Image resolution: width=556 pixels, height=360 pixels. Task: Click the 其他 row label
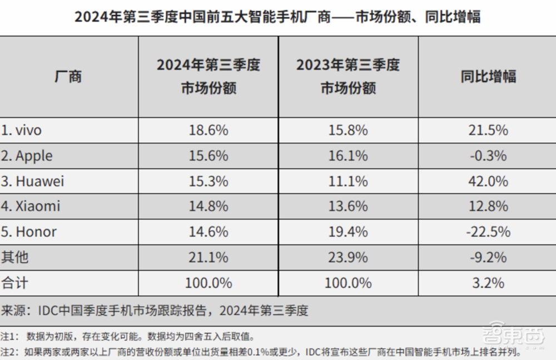click(15, 257)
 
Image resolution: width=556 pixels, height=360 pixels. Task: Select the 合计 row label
click(15, 283)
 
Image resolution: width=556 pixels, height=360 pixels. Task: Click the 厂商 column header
click(68, 77)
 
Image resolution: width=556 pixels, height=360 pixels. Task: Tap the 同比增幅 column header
click(488, 77)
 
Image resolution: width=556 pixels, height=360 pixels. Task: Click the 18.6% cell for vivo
click(209, 131)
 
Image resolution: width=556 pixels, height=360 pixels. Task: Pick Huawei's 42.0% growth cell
click(488, 181)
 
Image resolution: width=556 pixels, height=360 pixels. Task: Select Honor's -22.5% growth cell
click(488, 231)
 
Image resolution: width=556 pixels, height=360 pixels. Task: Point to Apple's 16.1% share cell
click(348, 156)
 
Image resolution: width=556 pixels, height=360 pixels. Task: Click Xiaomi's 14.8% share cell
click(209, 206)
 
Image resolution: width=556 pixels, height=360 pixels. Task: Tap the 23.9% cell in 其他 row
click(348, 257)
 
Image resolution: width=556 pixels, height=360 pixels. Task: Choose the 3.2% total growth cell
click(488, 283)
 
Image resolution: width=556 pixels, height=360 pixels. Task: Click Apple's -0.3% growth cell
click(488, 156)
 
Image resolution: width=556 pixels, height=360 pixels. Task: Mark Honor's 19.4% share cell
click(348, 231)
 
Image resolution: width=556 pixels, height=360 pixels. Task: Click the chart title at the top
click(277, 17)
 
